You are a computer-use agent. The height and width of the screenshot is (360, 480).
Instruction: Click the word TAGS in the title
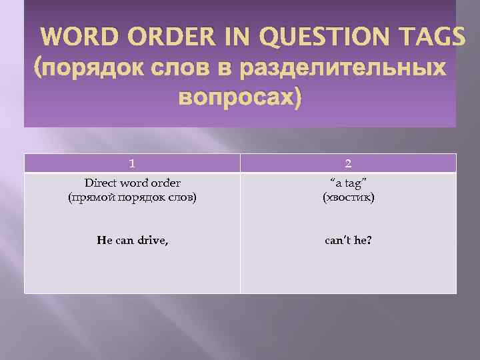[429, 38]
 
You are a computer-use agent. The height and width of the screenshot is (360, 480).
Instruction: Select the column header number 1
[132, 163]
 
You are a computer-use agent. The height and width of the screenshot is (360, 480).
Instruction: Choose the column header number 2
[347, 163]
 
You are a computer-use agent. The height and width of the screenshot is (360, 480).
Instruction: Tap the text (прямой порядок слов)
[132, 197]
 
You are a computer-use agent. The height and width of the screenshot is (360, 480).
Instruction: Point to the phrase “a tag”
[347, 183]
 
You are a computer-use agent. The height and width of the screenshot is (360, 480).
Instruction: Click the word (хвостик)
[347, 197]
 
